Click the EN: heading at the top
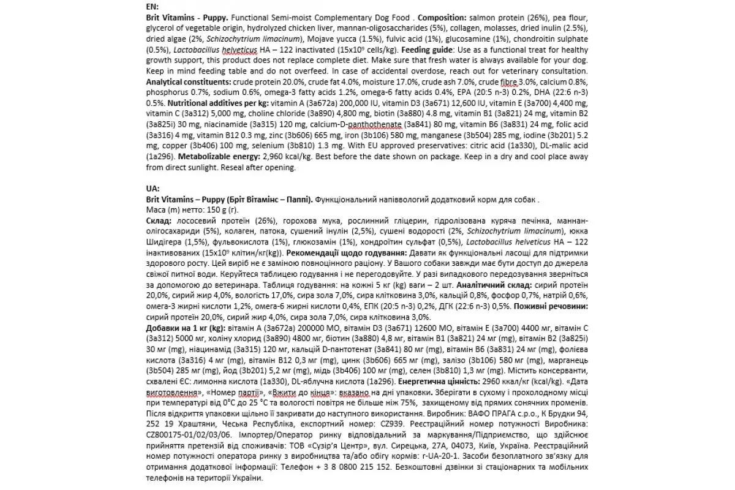(x=153, y=6)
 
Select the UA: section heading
(x=153, y=188)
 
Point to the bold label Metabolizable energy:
(x=195, y=156)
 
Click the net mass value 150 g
(x=214, y=209)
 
